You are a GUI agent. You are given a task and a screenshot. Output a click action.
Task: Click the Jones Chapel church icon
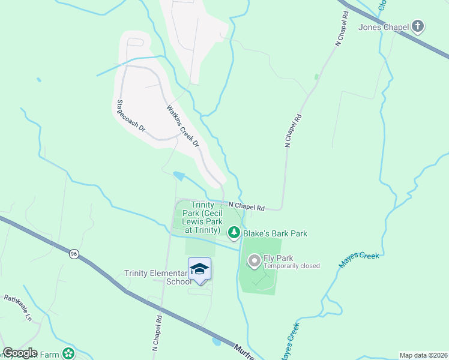click(418, 26)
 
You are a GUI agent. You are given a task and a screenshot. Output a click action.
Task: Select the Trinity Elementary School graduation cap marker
click(199, 269)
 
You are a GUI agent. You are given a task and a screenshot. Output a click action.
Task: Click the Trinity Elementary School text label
click(157, 277)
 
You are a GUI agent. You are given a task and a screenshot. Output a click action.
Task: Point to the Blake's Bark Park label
click(275, 233)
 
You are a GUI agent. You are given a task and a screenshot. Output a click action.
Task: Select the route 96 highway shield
click(73, 254)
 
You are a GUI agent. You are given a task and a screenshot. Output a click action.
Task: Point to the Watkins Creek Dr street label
click(182, 127)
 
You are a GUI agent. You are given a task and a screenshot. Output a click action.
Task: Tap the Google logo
click(19, 353)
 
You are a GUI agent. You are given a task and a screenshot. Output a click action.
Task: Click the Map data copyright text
click(424, 355)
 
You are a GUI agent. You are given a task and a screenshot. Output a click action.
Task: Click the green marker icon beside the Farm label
click(70, 353)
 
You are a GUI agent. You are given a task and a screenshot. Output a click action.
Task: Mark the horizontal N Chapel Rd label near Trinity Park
click(247, 206)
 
